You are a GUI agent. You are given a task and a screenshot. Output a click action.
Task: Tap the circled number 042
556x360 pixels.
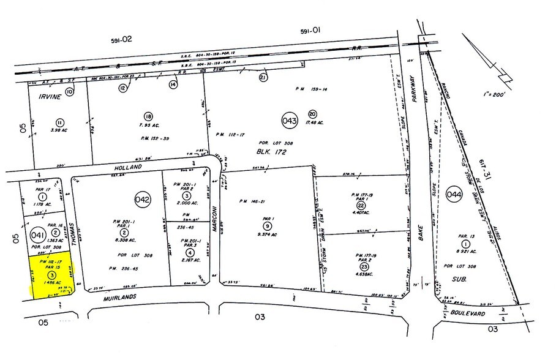pyautogui.click(x=143, y=199)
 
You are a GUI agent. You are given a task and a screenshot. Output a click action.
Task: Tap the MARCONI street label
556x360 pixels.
pyautogui.click(x=216, y=220)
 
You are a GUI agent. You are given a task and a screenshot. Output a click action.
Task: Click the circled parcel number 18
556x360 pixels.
pyautogui.click(x=148, y=116)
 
